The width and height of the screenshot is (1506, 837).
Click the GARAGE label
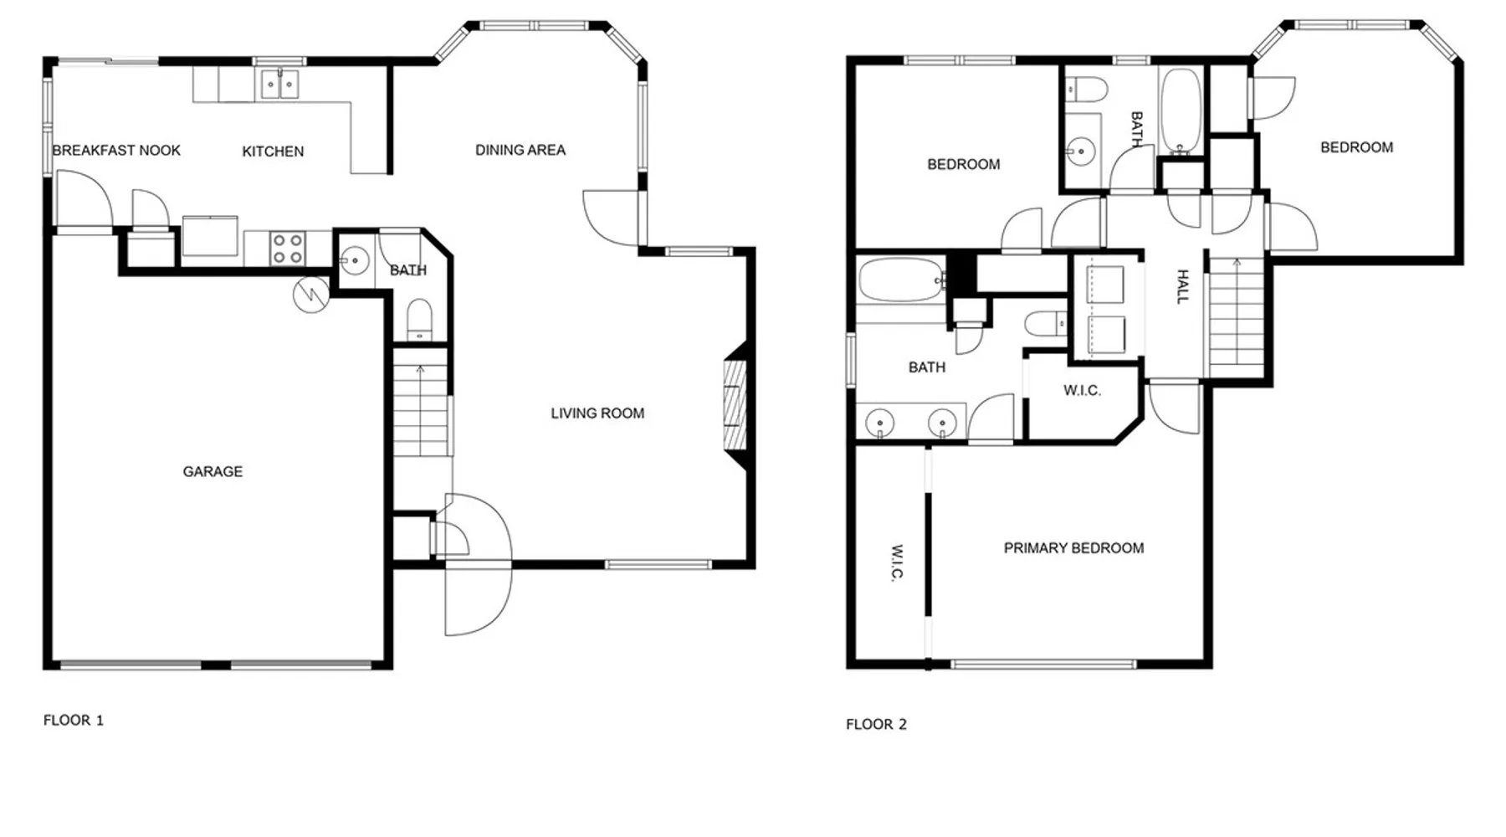tap(213, 472)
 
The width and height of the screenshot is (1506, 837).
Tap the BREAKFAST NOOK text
tap(116, 151)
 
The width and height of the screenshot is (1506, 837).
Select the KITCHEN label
tap(273, 151)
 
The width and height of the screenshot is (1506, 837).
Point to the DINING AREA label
tap(520, 150)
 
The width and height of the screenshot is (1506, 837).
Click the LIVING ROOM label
tap(597, 413)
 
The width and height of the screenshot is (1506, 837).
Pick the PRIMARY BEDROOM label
tap(1073, 548)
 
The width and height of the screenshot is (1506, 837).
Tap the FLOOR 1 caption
tap(74, 720)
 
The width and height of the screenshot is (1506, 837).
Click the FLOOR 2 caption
tap(876, 724)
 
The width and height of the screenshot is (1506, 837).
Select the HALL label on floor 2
tap(1182, 286)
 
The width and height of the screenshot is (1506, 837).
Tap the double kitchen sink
tap(279, 85)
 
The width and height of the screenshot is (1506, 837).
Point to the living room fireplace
tap(735, 406)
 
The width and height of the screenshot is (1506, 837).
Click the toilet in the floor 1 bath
tap(419, 320)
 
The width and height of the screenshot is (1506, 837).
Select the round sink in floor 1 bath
tap(355, 261)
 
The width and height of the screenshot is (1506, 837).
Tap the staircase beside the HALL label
tap(1236, 316)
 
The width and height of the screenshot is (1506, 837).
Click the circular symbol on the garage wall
tap(310, 295)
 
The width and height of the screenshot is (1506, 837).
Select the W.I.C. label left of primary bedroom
tap(896, 562)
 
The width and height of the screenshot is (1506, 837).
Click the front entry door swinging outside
tap(478, 599)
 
